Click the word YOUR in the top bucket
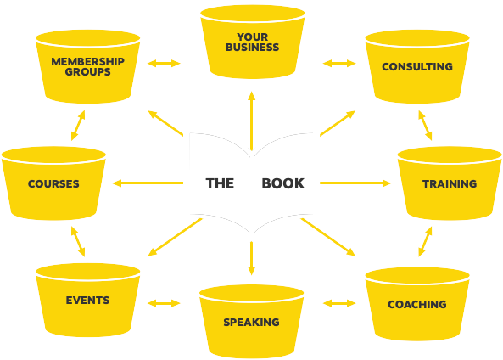pos(253,37)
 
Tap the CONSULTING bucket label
pos(417,66)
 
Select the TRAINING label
pos(450,183)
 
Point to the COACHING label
pos(417,304)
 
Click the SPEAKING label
pos(251,322)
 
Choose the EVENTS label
pos(87,301)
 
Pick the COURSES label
pos(53,183)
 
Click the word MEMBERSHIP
pos(87,61)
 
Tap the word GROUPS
pos(87,71)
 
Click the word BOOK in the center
pos(283,183)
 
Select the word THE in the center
pos(220,183)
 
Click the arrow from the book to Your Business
pos(252,121)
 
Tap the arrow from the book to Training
pos(355,183)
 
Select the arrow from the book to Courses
pos(148,183)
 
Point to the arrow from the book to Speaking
pos(252,258)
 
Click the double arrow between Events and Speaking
pos(164,303)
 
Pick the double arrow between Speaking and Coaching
pos(339,303)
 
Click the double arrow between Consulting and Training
pos(425,126)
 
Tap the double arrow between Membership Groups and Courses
pos(78,126)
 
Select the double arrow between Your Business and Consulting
pos(339,64)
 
